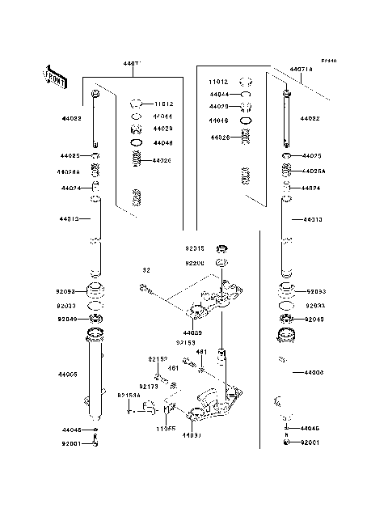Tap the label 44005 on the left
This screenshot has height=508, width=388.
pos(67,375)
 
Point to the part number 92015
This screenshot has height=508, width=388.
pos(195,249)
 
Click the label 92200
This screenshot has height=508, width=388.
pos(195,263)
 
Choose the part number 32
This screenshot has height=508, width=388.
pos(147,269)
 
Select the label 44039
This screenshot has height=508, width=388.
pos(192,332)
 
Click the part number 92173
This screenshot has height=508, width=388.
pos(148,387)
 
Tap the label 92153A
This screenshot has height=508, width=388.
pos(129,396)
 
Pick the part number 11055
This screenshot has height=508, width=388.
pos(167,429)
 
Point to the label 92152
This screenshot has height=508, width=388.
pos(157,358)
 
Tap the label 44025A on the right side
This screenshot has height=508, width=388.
pos(314,171)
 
